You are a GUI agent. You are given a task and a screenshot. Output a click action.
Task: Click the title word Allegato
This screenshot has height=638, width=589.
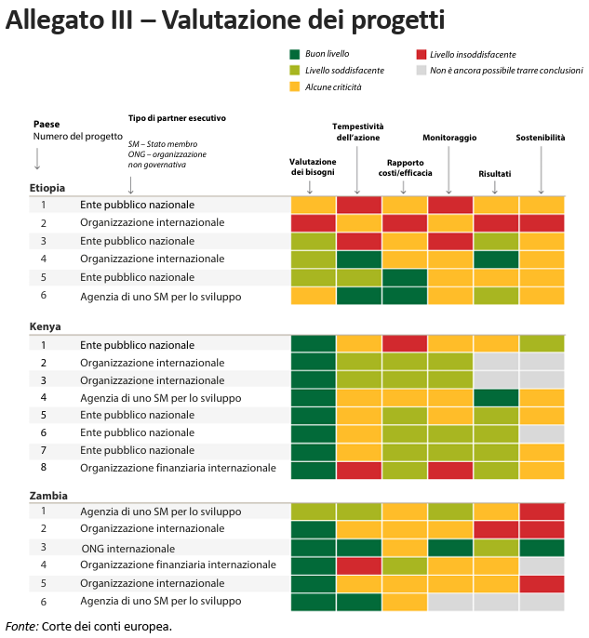[51, 20]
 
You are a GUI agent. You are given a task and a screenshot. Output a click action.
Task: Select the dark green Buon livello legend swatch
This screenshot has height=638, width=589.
[295, 55]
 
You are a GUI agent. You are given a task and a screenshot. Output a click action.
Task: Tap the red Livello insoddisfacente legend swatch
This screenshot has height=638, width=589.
[422, 55]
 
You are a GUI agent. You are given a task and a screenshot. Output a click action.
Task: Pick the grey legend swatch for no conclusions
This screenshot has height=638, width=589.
[422, 70]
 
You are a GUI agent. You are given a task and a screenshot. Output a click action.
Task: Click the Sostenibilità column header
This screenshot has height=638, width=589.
[540, 138]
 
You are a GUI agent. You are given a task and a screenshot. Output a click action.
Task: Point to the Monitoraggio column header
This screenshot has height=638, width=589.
[449, 138]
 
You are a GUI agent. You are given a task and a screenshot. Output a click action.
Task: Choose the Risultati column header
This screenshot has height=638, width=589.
[494, 174]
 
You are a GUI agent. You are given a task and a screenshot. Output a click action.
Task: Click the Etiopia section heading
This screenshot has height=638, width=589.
[47, 188]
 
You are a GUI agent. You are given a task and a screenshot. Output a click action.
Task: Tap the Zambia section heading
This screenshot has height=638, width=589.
[47, 496]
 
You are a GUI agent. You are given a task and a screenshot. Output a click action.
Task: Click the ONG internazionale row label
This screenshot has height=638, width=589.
[127, 548]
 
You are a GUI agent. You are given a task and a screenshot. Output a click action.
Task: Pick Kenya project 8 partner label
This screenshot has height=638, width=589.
[178, 468]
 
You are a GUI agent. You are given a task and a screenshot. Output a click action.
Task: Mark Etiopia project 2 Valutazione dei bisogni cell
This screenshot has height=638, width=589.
[313, 223]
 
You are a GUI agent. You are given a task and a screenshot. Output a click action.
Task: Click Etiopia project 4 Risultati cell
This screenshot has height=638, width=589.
[496, 259]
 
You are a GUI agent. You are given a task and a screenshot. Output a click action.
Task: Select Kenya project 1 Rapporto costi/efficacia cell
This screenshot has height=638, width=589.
[404, 344]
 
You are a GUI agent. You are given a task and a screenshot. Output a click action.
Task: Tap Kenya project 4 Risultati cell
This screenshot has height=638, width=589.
[496, 397]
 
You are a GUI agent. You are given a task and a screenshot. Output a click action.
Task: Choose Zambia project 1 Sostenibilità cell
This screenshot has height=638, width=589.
[542, 512]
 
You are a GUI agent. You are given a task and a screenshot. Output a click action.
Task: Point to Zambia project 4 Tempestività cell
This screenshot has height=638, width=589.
[358, 565]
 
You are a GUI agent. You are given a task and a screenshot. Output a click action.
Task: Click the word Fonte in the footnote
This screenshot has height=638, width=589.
[21, 625]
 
